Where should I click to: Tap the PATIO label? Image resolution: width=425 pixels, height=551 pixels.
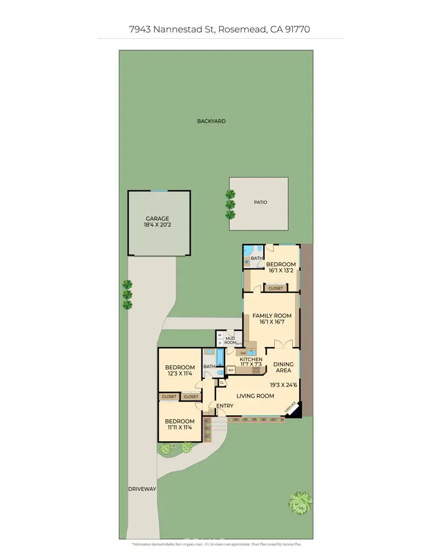pos(261,202)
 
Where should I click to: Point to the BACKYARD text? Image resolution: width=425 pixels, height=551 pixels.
pos(211,121)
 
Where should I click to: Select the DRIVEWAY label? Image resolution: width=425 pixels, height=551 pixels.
pos(142,489)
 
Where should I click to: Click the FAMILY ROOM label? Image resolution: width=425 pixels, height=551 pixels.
pos(272,316)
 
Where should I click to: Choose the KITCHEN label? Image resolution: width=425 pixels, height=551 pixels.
pos(251,359)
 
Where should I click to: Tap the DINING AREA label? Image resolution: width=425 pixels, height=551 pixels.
pos(283,367)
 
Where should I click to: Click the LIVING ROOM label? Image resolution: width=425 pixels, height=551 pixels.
pos(255,396)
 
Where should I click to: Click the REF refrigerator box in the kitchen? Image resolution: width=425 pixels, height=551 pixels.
pos(232,370)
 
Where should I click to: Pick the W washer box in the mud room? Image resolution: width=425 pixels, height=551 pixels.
pos(220,335)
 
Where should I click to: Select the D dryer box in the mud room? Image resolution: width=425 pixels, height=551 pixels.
pos(220,342)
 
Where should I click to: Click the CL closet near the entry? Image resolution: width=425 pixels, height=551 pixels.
pos(222,383)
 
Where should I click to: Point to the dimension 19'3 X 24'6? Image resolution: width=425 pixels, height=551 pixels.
pos(283,385)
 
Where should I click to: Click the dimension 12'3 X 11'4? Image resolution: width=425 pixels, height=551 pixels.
pos(179,375)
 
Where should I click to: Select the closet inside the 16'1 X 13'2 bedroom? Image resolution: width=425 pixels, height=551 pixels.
pos(275,288)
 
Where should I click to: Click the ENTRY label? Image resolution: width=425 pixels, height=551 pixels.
pos(224,405)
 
